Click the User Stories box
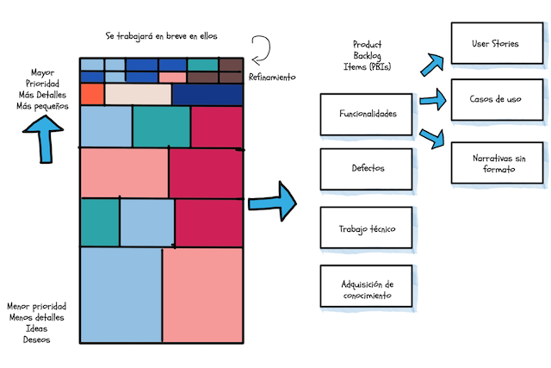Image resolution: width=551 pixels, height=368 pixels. click(494, 43)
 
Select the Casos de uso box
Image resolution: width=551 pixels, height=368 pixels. click(494, 100)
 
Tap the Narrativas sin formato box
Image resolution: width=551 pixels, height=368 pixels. click(494, 162)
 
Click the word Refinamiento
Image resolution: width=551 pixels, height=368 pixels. click(271, 77)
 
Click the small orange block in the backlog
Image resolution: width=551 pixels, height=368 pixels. click(91, 94)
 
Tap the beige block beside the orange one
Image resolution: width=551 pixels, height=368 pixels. click(138, 94)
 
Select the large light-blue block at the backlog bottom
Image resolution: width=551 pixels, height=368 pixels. click(121, 296)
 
